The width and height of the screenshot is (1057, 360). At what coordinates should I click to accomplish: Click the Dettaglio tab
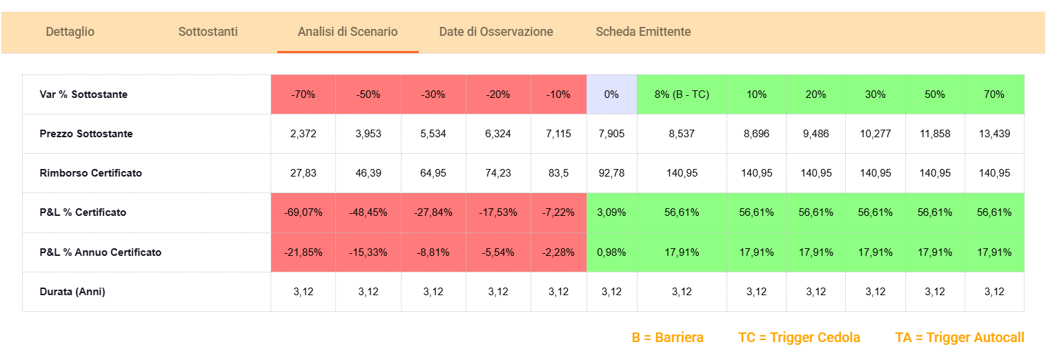70,32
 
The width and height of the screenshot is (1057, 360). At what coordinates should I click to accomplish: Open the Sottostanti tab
208,32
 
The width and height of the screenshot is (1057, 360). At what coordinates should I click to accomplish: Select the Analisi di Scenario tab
347,32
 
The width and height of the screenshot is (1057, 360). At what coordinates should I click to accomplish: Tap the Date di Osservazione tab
495,32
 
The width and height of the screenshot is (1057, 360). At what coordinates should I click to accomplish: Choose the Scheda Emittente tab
642,32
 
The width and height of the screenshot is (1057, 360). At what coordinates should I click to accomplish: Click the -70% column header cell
303,94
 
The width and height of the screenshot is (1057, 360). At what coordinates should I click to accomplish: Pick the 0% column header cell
611,94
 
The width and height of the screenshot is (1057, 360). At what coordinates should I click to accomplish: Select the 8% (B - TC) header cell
681,94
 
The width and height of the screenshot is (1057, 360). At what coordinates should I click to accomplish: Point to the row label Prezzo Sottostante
86,134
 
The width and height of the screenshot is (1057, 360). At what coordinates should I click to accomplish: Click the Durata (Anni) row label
72,292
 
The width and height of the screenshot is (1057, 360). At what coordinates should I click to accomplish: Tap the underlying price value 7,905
611,134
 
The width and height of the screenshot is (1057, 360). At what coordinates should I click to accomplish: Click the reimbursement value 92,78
611,173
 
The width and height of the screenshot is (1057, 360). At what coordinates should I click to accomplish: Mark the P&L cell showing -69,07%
303,212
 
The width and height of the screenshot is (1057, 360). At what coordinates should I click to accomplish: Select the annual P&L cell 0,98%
611,252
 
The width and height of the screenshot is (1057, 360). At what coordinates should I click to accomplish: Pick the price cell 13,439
994,134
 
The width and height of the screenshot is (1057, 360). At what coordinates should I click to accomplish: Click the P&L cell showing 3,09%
611,212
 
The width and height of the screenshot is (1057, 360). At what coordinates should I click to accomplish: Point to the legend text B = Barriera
667,338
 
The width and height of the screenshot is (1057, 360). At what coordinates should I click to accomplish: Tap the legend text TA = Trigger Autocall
959,338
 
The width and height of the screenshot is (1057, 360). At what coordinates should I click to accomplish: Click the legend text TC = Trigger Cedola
799,338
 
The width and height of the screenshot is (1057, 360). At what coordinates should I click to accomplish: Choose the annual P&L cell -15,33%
368,252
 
